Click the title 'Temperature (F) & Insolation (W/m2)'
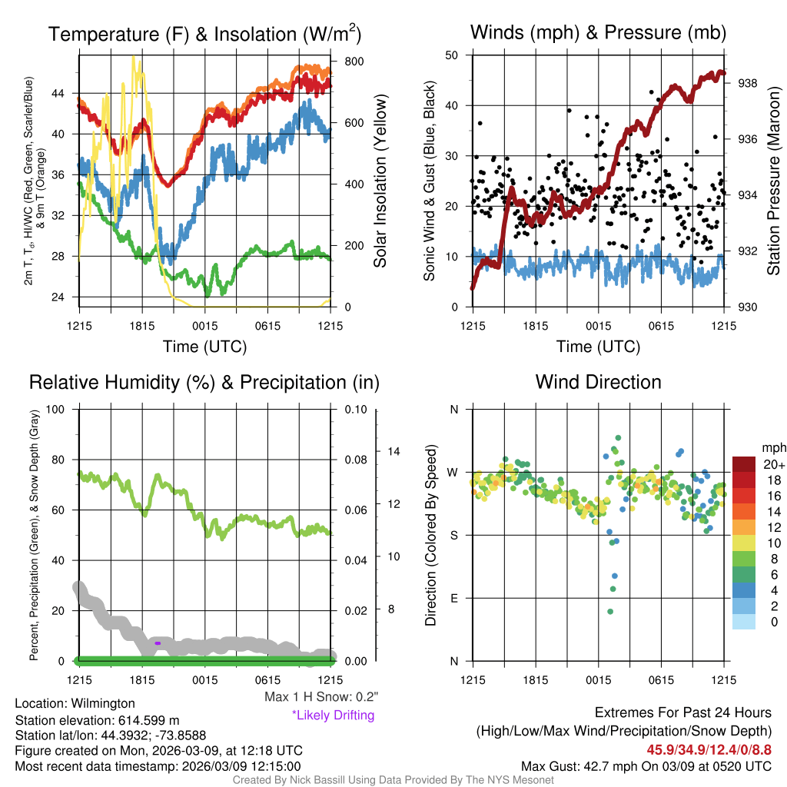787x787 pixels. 204,35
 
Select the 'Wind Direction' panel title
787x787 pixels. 598,382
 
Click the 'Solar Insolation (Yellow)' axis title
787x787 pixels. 380,181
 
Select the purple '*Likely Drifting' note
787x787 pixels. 333,716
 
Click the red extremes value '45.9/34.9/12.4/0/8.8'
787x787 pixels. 709,749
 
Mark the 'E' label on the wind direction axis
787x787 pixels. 455,598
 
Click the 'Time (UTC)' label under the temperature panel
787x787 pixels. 204,347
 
